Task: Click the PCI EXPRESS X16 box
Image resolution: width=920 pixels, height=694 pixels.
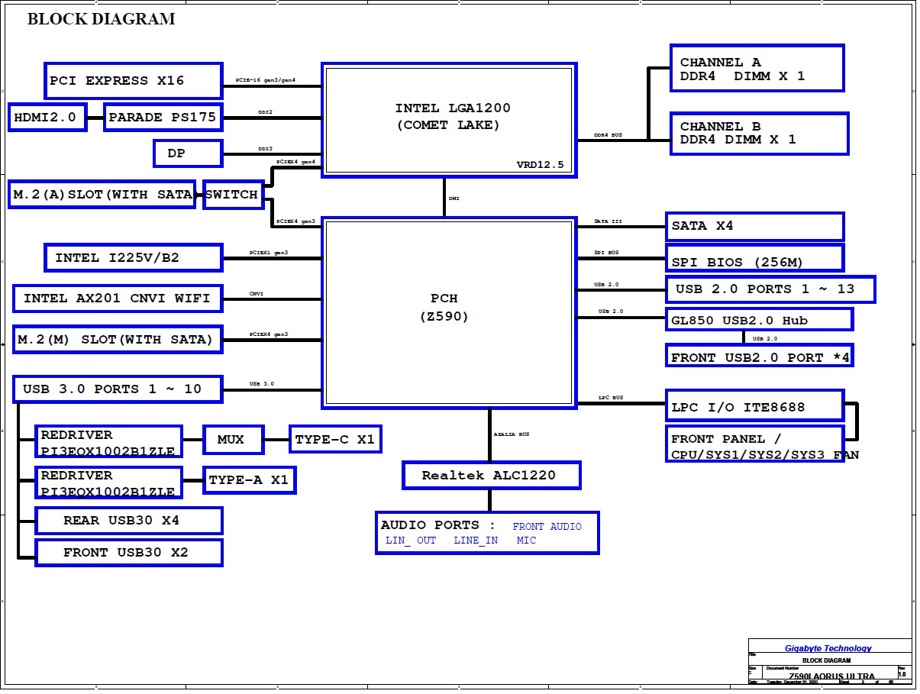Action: pyautogui.click(x=133, y=81)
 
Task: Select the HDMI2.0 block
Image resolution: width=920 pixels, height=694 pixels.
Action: pyautogui.click(x=47, y=118)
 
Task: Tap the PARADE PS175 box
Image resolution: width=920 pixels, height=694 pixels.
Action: pyautogui.click(x=163, y=118)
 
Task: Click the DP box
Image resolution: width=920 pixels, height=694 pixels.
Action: pyautogui.click(x=188, y=153)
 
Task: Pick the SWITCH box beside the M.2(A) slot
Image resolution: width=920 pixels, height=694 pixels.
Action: pyautogui.click(x=233, y=195)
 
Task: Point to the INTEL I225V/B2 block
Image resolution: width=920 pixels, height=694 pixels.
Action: pyautogui.click(x=133, y=258)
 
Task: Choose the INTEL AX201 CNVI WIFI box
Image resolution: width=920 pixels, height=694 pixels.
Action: pyautogui.click(x=117, y=298)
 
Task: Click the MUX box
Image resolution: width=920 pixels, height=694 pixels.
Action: pyautogui.click(x=233, y=439)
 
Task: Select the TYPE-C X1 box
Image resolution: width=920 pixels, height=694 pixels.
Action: pyautogui.click(x=334, y=439)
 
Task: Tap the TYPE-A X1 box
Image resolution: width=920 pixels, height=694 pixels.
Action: pyautogui.click(x=249, y=479)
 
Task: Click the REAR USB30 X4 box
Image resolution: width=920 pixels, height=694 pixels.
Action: pyautogui.click(x=128, y=521)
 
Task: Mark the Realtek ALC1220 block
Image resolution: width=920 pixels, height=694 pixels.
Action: pyautogui.click(x=491, y=476)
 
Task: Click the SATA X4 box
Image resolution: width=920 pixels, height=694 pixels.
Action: pyautogui.click(x=754, y=227)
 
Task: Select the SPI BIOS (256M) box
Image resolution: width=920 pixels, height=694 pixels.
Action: pyautogui.click(x=754, y=262)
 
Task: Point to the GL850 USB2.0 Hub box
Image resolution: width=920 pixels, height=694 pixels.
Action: pyautogui.click(x=759, y=320)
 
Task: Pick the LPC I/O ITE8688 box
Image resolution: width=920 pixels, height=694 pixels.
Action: pyautogui.click(x=754, y=407)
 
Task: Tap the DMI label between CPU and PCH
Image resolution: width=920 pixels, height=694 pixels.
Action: pyautogui.click(x=454, y=199)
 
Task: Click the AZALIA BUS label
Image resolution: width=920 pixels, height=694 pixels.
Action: pyautogui.click(x=512, y=434)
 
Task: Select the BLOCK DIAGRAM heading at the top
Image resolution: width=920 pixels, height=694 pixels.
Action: pyautogui.click(x=101, y=19)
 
